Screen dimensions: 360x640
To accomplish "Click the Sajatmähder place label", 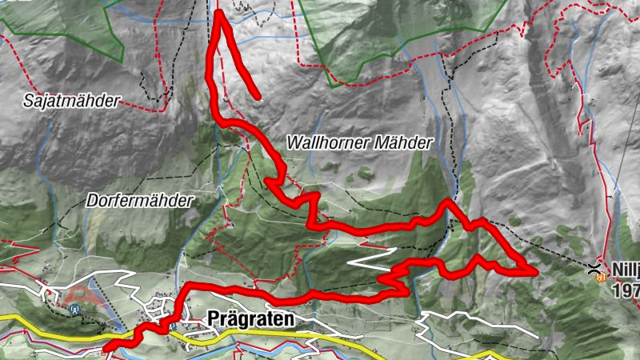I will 71,101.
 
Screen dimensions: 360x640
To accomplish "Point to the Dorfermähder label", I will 140,201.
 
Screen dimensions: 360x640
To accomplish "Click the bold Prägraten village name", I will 250,318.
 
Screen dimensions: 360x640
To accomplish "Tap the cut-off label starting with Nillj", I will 626,270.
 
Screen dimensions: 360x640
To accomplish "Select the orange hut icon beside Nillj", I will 600,278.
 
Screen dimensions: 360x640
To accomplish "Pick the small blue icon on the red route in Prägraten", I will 170,325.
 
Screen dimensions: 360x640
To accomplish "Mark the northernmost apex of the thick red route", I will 218,14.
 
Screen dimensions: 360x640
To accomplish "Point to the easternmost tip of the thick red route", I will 532,271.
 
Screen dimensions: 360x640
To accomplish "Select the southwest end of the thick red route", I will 107,347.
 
